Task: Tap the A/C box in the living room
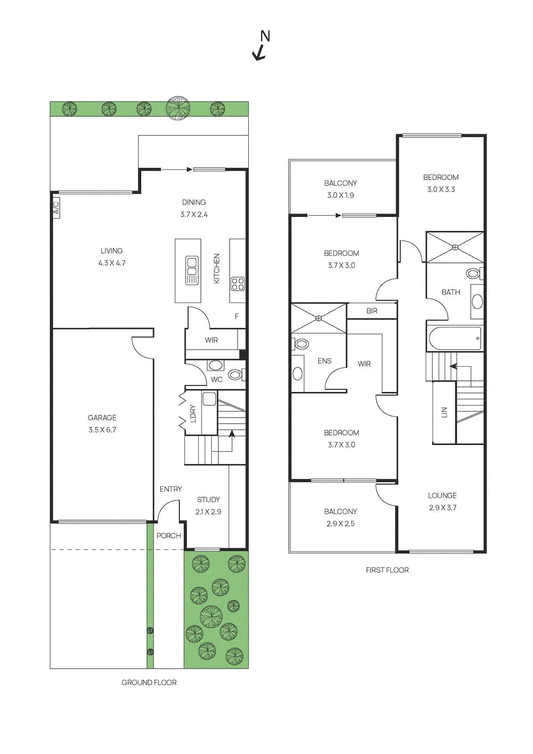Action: pyautogui.click(x=57, y=208)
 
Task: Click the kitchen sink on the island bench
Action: pyautogui.click(x=192, y=270)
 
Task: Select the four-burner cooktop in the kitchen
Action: pyautogui.click(x=237, y=283)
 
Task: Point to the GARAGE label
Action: pyautogui.click(x=102, y=418)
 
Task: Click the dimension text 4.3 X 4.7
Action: pyautogui.click(x=112, y=263)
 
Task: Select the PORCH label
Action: pyautogui.click(x=169, y=535)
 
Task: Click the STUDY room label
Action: pyautogui.click(x=209, y=500)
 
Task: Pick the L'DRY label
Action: pyautogui.click(x=193, y=413)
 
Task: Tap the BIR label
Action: pyautogui.click(x=371, y=311)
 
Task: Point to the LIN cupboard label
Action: pyautogui.click(x=444, y=412)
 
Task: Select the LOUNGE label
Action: pyautogui.click(x=442, y=495)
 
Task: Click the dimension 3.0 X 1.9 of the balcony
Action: pyautogui.click(x=340, y=195)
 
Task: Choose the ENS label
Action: pyautogui.click(x=324, y=361)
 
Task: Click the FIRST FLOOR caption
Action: pyautogui.click(x=387, y=570)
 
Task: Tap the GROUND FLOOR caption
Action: pyautogui.click(x=149, y=682)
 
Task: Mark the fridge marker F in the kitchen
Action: pyautogui.click(x=237, y=316)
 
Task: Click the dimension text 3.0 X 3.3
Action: pyautogui.click(x=441, y=189)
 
